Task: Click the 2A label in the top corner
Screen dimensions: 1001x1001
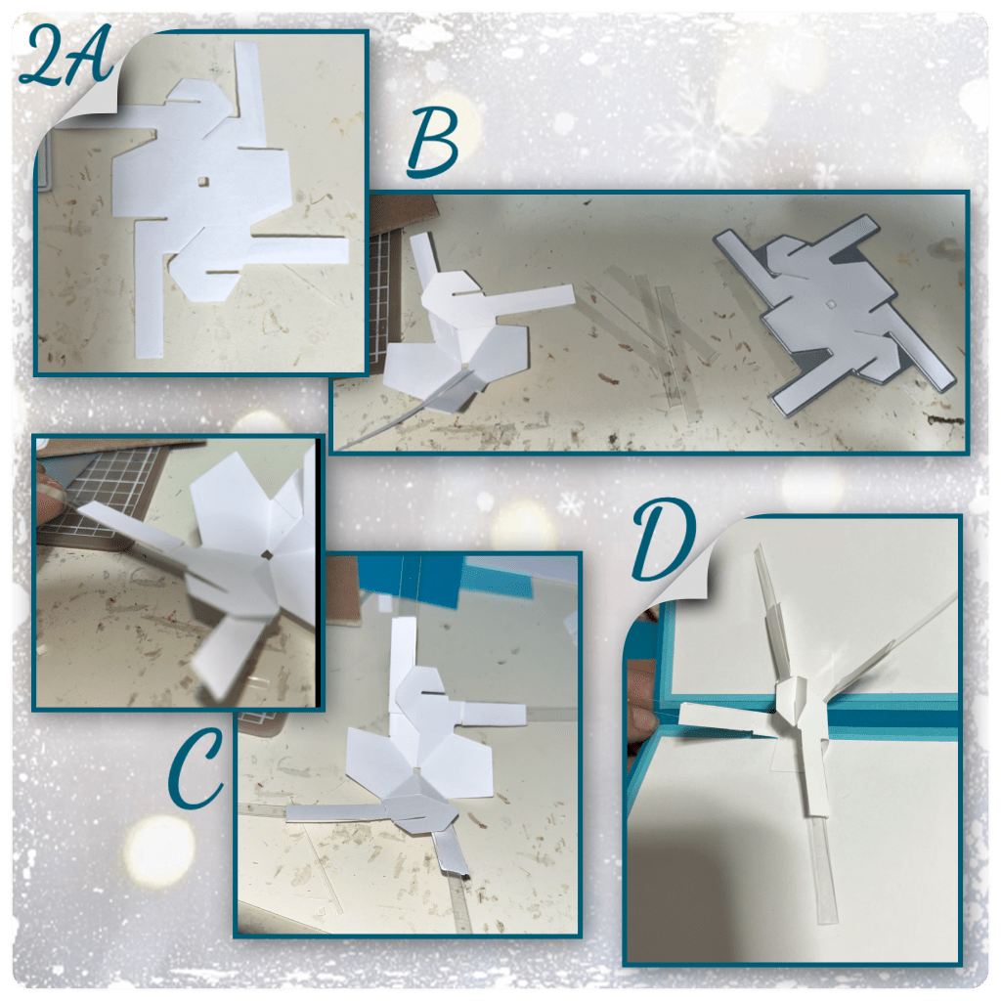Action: click(x=66, y=56)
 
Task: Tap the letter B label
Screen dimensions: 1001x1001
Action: click(x=433, y=143)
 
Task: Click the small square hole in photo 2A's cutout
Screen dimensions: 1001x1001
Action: click(x=203, y=182)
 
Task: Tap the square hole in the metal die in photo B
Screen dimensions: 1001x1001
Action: click(x=830, y=305)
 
